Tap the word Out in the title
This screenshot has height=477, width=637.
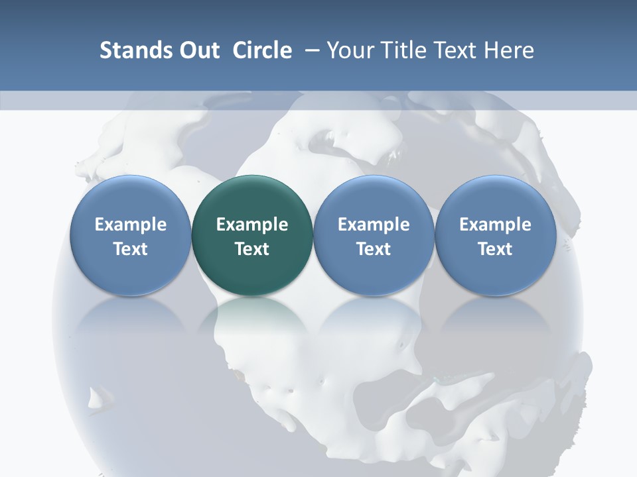pos(198,50)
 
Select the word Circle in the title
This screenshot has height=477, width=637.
pos(262,50)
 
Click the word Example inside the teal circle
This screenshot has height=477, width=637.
pos(252,225)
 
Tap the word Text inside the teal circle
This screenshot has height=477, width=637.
pos(252,249)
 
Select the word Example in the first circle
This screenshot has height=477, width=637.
pos(131,225)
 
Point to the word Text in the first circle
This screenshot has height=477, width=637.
pos(131,249)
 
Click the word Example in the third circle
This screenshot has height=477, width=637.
pos(374,225)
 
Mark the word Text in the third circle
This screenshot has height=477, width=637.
pos(374,249)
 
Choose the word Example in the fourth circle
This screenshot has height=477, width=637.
pos(495,225)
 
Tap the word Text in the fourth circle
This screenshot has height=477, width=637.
pos(495,249)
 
